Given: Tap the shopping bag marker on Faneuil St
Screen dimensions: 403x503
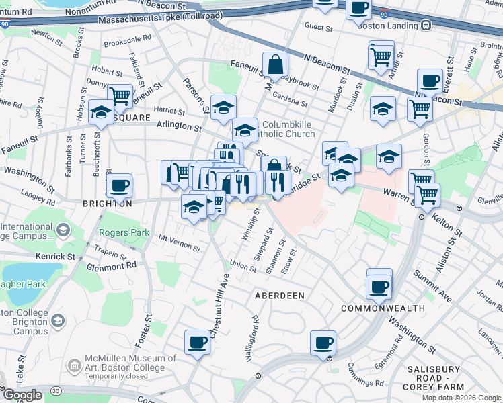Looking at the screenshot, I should tap(275, 66).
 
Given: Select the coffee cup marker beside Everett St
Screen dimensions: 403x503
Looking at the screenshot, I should tap(429, 82).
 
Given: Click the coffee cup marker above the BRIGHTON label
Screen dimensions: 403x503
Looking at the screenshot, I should tap(119, 185).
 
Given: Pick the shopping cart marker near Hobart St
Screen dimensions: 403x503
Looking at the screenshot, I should tap(120, 96).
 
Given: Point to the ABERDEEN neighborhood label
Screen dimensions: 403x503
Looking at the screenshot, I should tap(279, 296).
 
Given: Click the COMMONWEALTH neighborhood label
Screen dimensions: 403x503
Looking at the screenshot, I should tap(383, 308).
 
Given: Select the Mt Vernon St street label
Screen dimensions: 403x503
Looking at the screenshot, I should tap(179, 242).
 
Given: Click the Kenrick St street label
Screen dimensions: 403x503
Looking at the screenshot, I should tap(56, 257).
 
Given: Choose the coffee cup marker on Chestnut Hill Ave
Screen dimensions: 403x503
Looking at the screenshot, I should tap(197, 343).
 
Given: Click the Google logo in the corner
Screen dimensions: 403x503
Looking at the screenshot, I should tap(22, 395).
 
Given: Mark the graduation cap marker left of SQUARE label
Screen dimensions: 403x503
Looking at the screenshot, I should tap(101, 112).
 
